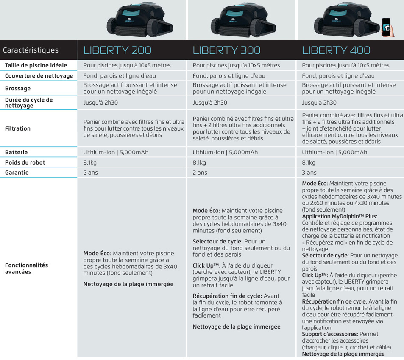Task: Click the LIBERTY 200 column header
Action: (x=117, y=50)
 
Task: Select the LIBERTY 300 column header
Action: (x=226, y=50)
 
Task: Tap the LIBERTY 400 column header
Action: (x=336, y=50)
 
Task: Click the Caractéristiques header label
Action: (x=31, y=50)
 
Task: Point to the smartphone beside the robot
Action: (x=386, y=28)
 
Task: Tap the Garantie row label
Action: (x=17, y=173)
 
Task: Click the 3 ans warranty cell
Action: (x=309, y=173)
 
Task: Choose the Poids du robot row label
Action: (x=25, y=162)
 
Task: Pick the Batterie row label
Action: (x=17, y=152)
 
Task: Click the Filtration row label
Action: (x=18, y=128)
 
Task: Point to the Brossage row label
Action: (x=18, y=88)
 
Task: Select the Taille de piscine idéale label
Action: (x=36, y=65)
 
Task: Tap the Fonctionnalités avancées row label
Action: (x=26, y=268)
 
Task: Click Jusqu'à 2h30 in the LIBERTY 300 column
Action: (x=210, y=103)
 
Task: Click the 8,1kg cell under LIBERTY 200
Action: (x=90, y=162)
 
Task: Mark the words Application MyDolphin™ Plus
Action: (x=340, y=216)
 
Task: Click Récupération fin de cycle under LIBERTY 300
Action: (x=228, y=296)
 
